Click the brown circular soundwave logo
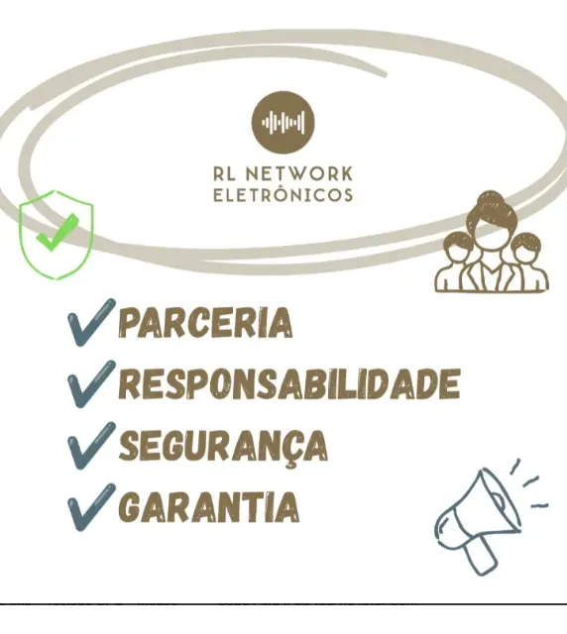(x=283, y=122)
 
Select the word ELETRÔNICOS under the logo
(x=283, y=195)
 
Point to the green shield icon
(x=57, y=235)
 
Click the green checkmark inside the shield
(x=57, y=232)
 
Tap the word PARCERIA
(x=205, y=322)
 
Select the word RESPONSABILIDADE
(x=289, y=383)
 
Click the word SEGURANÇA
(x=223, y=447)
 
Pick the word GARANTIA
(x=209, y=506)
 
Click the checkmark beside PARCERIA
(x=91, y=322)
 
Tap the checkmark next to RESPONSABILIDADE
(x=91, y=383)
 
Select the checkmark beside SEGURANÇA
(x=91, y=446)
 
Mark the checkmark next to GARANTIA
(x=91, y=507)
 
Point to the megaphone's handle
(x=481, y=556)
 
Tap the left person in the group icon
(x=452, y=262)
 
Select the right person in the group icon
(x=528, y=263)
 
